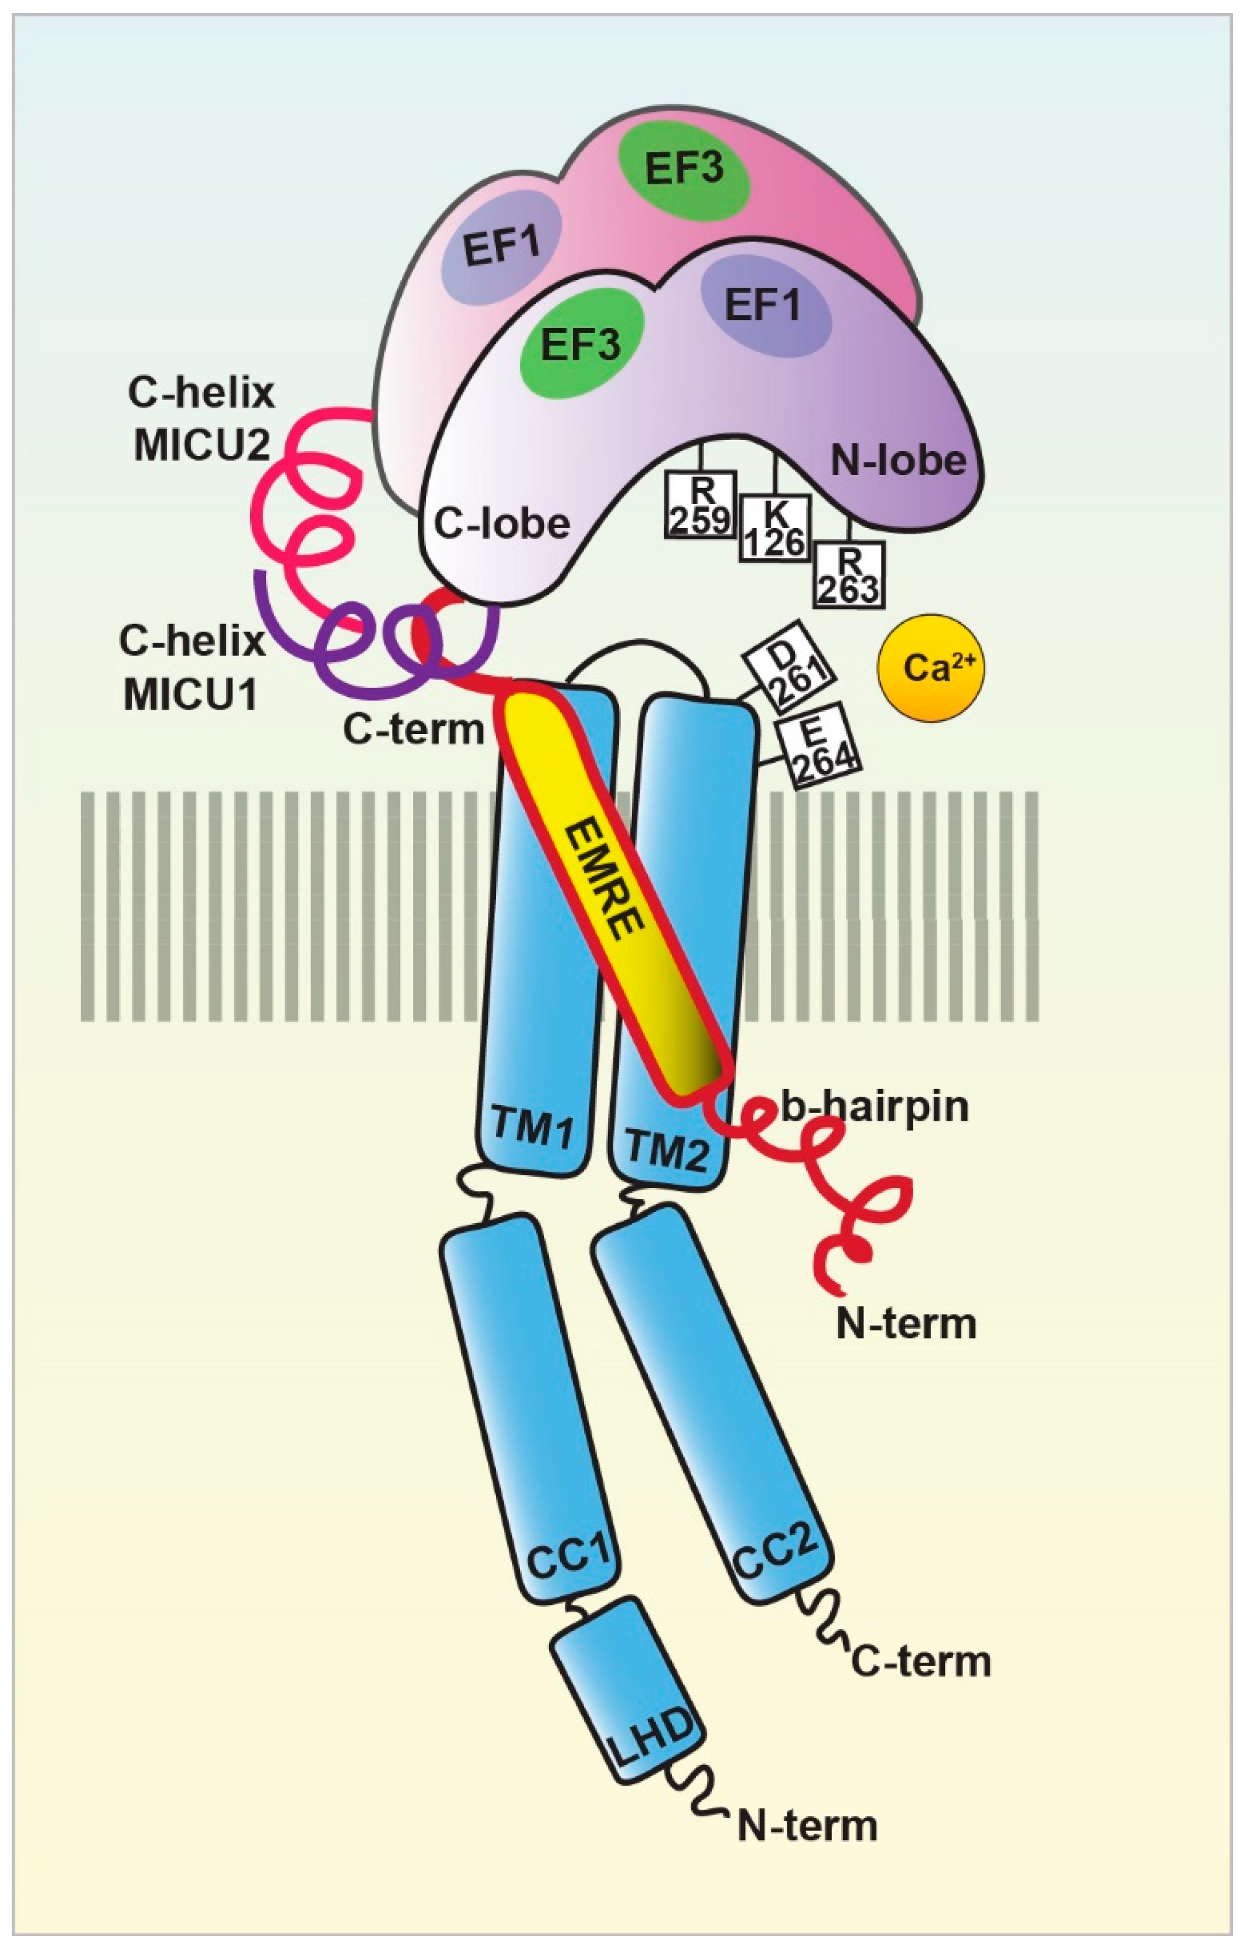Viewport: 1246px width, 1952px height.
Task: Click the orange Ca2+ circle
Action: [x=930, y=667]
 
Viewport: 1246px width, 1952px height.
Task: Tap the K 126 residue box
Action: [x=775, y=528]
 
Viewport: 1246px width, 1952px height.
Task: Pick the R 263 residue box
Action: [x=849, y=575]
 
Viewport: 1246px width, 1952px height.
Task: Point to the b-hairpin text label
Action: [x=875, y=1107]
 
